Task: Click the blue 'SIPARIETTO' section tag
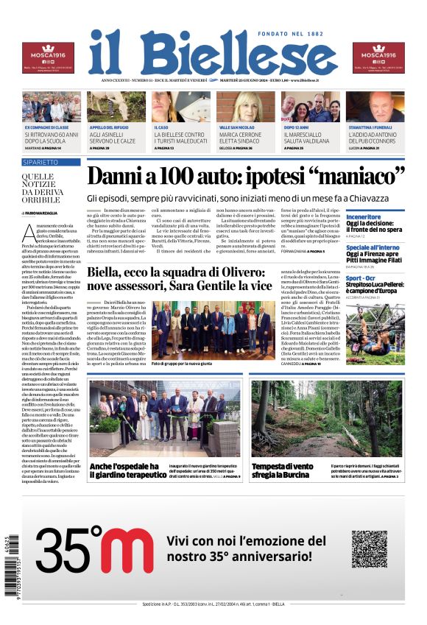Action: pos(40,161)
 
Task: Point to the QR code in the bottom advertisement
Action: pos(369,548)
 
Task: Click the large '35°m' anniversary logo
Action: pos(95,549)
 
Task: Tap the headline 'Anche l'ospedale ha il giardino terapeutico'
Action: pos(133,471)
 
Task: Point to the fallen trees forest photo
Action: pos(326,419)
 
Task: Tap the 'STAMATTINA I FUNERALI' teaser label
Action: pos(375,127)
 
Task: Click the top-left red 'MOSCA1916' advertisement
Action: pos(48,57)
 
